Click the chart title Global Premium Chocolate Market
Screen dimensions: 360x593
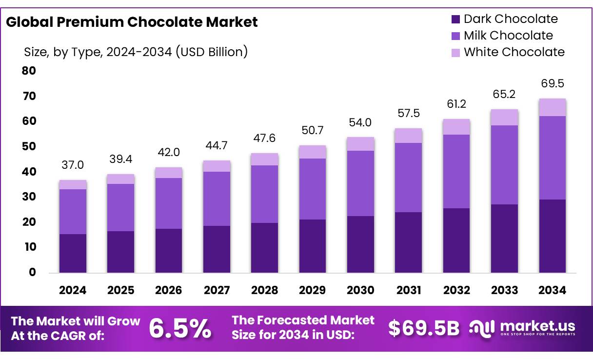point(132,22)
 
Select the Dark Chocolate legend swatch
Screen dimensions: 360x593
point(455,20)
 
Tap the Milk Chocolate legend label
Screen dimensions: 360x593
point(508,36)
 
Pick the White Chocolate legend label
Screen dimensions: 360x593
point(514,52)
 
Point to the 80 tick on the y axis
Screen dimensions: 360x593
point(29,71)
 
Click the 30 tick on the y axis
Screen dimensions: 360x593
point(29,197)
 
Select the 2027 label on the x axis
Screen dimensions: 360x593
point(217,290)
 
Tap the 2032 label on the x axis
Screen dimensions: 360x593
point(456,290)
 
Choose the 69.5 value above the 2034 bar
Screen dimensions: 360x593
point(553,84)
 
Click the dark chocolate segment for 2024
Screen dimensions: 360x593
point(73,253)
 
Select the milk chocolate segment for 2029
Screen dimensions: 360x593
point(313,189)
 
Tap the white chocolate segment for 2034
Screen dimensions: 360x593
point(553,107)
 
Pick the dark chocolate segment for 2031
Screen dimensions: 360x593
point(409,242)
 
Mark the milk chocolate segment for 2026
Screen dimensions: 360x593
point(169,203)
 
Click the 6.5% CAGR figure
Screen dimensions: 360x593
point(180,329)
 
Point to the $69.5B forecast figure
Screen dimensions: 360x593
point(424,329)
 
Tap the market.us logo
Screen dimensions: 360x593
point(522,328)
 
